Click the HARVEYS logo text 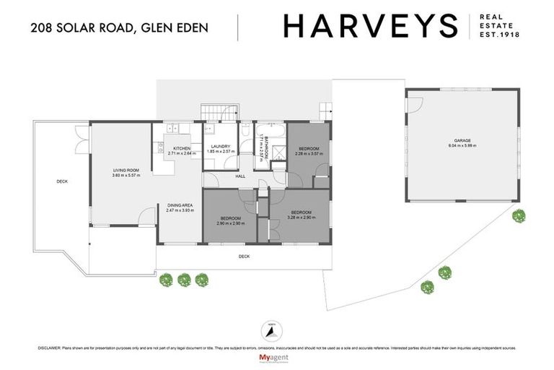[370, 26]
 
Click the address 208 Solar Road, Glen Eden [119, 28]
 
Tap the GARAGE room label [462, 140]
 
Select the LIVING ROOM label [126, 170]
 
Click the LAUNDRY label [221, 146]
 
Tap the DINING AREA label [180, 205]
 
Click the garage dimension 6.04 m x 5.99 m [462, 146]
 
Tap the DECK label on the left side [63, 181]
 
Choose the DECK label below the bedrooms [244, 256]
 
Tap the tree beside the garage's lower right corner [519, 215]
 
